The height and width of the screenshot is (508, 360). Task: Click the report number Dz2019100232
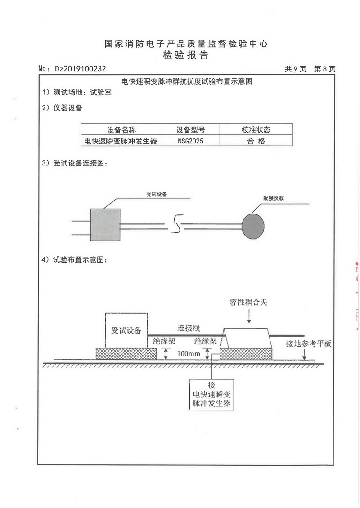[81, 69]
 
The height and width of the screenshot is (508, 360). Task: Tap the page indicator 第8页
[324, 69]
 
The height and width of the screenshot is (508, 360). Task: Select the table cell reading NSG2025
[191, 141]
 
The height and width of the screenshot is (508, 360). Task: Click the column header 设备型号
[191, 130]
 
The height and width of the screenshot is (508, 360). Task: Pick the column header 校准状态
[256, 129]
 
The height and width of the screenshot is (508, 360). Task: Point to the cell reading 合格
[256, 141]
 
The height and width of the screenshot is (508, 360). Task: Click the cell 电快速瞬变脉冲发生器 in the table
[121, 141]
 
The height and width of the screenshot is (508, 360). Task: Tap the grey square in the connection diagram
[105, 225]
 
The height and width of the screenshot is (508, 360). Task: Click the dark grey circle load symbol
[253, 226]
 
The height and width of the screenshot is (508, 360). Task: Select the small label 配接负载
[274, 198]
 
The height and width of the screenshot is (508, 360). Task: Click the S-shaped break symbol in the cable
[177, 223]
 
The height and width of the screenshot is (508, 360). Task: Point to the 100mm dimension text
[189, 353]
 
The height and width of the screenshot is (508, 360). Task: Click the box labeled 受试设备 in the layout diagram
[126, 330]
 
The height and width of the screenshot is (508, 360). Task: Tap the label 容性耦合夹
[248, 302]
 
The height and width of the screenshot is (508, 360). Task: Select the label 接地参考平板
[309, 344]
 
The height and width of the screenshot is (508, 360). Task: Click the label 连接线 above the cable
[189, 328]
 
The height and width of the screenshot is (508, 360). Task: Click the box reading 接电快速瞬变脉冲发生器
[211, 395]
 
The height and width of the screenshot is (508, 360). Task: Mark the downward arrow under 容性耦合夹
[249, 316]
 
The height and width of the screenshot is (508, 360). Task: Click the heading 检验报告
[186, 55]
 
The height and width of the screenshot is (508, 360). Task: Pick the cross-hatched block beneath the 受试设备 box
[126, 354]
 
